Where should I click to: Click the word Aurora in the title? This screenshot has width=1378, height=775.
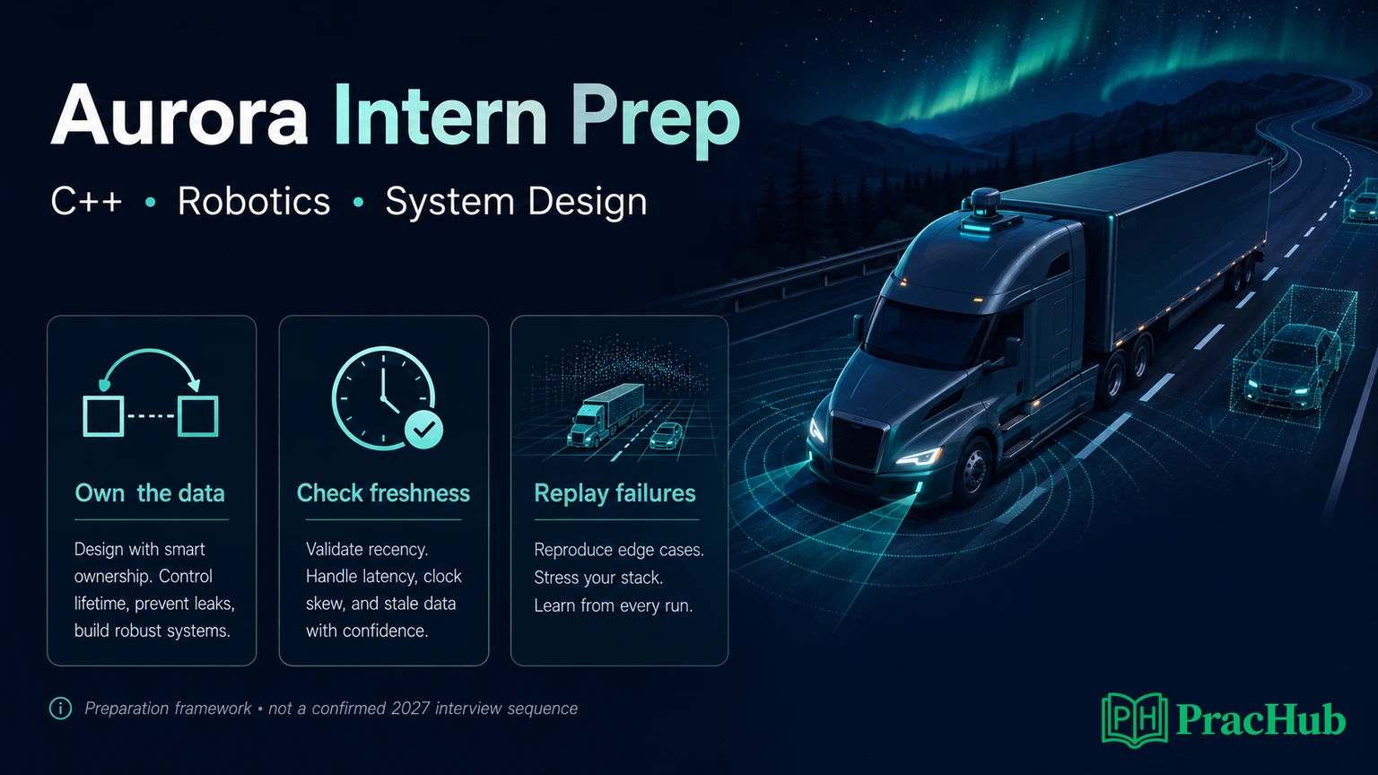179,116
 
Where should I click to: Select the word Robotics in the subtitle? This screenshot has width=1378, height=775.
254,201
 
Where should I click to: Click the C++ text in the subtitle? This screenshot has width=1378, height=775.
86,201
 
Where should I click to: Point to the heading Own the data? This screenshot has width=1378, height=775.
150,493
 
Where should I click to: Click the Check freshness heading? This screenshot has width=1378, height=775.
383,493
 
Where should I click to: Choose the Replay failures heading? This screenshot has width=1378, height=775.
615,493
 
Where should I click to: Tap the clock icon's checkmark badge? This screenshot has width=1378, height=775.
423,430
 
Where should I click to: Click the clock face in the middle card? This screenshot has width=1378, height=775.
383,396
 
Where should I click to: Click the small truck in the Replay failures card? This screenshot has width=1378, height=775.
605,414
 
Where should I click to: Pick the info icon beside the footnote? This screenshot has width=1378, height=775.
60,709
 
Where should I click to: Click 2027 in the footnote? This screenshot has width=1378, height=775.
410,709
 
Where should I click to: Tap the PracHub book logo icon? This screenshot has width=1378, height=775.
1134,719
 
